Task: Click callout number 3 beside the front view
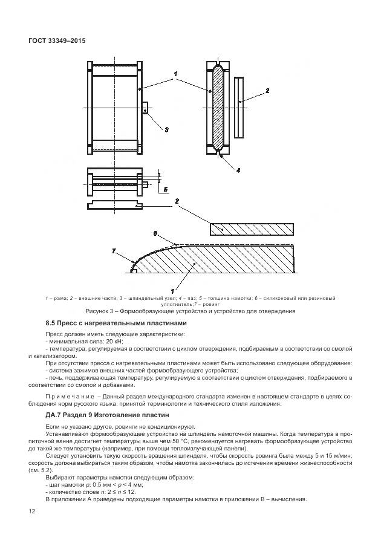[166, 129]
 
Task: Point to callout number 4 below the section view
[238, 170]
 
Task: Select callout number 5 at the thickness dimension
[166, 189]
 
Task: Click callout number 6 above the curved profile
[155, 233]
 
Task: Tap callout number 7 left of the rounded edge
[114, 249]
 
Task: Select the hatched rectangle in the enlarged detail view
[251, 229]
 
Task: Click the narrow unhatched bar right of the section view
[240, 106]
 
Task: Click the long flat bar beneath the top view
[116, 206]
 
